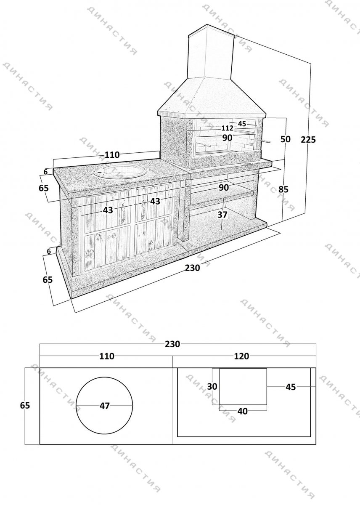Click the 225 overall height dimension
(x=308, y=140)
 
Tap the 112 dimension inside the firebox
(x=227, y=128)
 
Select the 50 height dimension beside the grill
(x=286, y=139)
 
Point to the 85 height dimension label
(x=283, y=189)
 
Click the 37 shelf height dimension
(x=222, y=215)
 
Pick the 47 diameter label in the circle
(x=105, y=406)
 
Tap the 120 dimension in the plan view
(x=241, y=356)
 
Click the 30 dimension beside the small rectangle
(x=212, y=386)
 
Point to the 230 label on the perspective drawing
(x=192, y=268)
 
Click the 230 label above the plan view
(x=172, y=344)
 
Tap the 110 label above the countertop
(x=112, y=155)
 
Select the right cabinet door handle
(x=143, y=210)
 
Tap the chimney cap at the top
(x=212, y=30)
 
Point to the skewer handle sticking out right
(x=263, y=141)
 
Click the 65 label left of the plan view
(x=25, y=405)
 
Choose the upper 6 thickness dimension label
(x=46, y=172)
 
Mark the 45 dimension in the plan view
(x=291, y=387)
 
